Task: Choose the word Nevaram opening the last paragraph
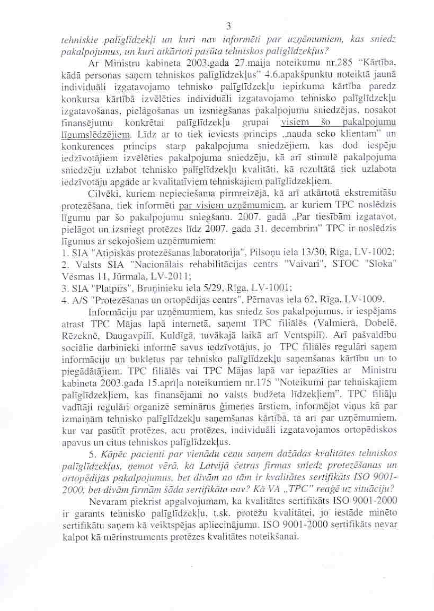click(108, 501)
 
